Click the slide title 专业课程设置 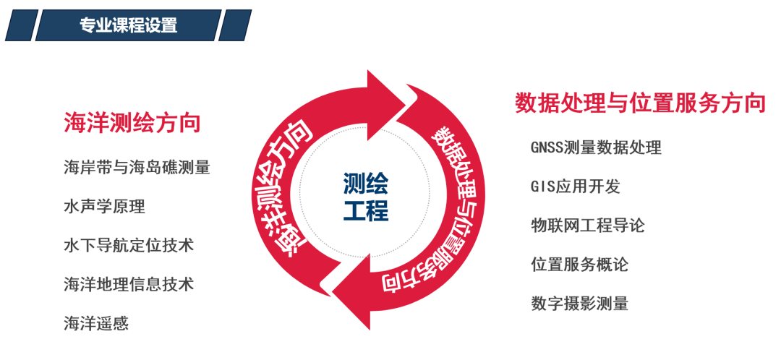point(128,25)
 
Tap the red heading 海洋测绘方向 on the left point(132,122)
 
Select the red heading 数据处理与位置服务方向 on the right point(640,103)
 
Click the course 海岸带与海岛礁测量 point(137,168)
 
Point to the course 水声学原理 point(104,207)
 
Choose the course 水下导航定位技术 point(129,246)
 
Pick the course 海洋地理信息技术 point(129,284)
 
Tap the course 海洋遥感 point(96,323)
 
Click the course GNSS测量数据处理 point(596,147)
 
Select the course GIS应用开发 point(576,187)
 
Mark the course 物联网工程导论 point(587,226)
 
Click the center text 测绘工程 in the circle point(366,197)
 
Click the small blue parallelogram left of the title point(19,25)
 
